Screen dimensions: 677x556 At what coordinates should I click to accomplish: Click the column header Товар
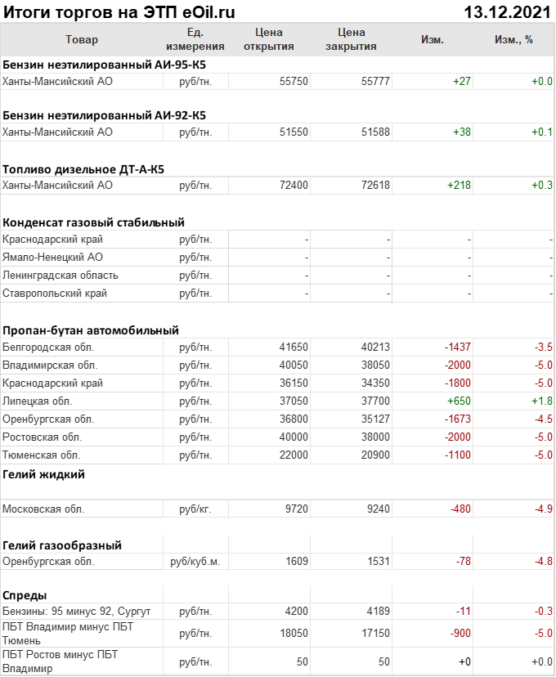click(81, 39)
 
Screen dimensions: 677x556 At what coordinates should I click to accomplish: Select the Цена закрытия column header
click(351, 39)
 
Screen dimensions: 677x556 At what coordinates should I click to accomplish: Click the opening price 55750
click(294, 81)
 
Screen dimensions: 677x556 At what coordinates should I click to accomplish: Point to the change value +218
click(459, 186)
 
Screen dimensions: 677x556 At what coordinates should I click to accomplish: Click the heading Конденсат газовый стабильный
click(93, 222)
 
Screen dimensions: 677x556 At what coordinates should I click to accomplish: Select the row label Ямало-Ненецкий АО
click(52, 258)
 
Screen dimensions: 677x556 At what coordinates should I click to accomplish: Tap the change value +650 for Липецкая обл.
click(459, 401)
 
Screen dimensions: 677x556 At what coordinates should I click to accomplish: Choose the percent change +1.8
click(541, 401)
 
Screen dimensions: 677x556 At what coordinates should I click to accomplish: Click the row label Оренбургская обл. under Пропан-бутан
click(48, 419)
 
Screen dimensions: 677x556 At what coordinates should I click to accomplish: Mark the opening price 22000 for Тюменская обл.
click(294, 455)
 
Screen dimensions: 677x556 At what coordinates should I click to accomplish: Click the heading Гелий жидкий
click(43, 474)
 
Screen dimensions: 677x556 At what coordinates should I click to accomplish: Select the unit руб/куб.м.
click(195, 562)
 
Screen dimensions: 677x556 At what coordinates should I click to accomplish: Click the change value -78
click(463, 562)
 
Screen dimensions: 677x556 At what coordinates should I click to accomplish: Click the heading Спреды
click(25, 594)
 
